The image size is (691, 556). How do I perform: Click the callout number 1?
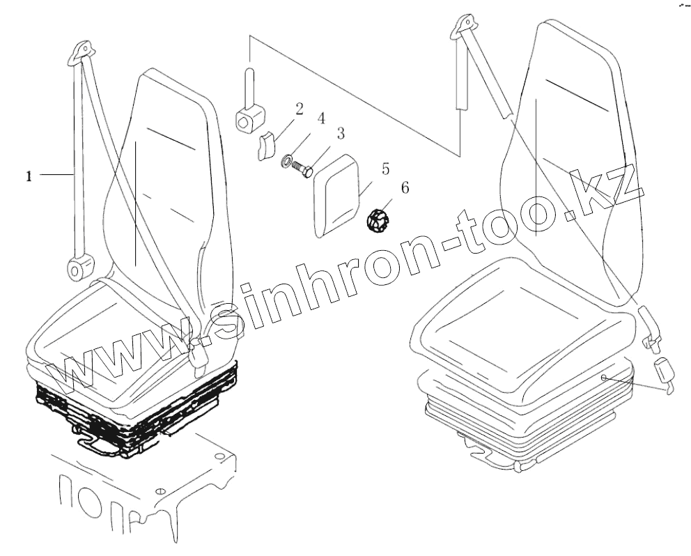tap(29, 177)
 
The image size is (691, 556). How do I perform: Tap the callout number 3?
tap(341, 133)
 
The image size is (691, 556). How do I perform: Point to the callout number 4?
tap(321, 118)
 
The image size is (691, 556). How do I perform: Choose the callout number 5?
tap(385, 169)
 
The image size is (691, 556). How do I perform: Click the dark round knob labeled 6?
tap(376, 221)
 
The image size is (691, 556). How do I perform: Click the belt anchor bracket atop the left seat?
tap(82, 53)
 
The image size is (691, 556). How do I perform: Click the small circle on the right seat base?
tap(605, 377)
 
